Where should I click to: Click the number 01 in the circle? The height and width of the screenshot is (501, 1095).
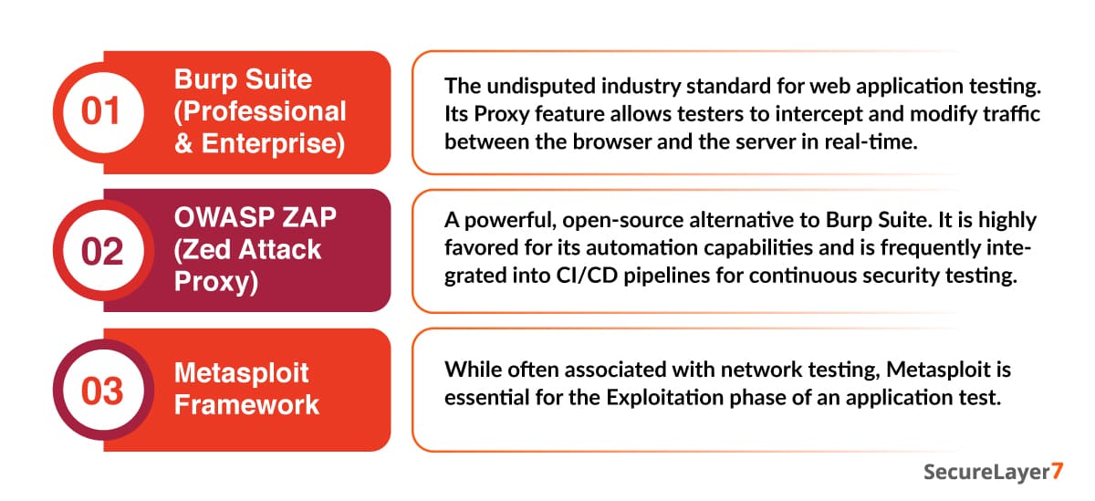pos(100,111)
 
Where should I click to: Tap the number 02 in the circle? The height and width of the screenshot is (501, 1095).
pos(102,252)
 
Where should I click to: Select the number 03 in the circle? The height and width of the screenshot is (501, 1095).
pos(102,391)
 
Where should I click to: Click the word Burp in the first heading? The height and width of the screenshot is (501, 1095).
pos(205,80)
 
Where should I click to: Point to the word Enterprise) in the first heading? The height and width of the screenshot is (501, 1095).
pos(273,144)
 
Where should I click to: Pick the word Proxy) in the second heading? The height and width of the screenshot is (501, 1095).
pos(216,283)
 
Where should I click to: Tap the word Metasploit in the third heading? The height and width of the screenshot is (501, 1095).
pos(242,373)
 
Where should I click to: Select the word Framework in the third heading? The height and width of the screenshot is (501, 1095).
pos(247,405)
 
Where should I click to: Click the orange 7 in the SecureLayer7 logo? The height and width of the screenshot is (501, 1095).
pos(1057,471)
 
